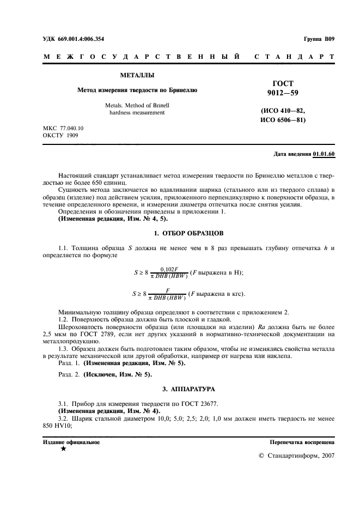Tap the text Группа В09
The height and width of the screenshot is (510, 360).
tap(319, 39)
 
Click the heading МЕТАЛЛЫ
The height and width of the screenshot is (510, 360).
tap(136, 75)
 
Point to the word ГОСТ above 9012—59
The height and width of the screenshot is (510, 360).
tap(283, 83)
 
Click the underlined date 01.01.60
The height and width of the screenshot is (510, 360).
tap(324, 155)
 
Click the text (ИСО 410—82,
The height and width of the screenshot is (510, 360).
tap(283, 111)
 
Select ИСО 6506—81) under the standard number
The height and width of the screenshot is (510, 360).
tap(283, 120)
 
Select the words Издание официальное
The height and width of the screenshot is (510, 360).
tap(71, 442)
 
